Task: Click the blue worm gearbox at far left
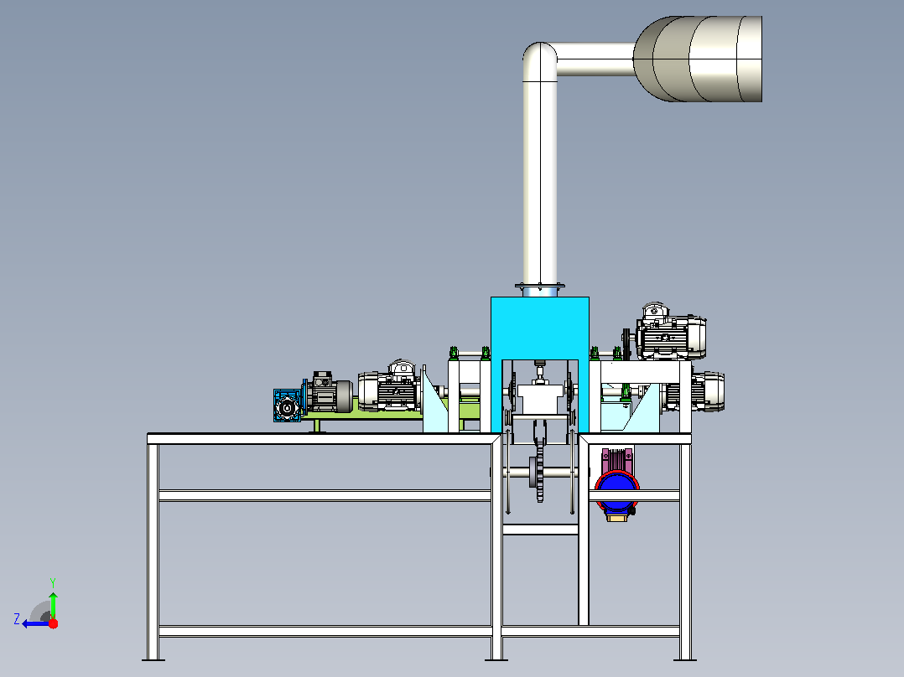coord(287,406)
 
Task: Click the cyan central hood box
coord(540,328)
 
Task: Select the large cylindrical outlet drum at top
coord(698,59)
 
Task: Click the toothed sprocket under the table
coord(539,473)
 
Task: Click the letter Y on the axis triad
coord(53,582)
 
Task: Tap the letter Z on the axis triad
coord(17,619)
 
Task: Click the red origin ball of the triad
coord(53,623)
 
